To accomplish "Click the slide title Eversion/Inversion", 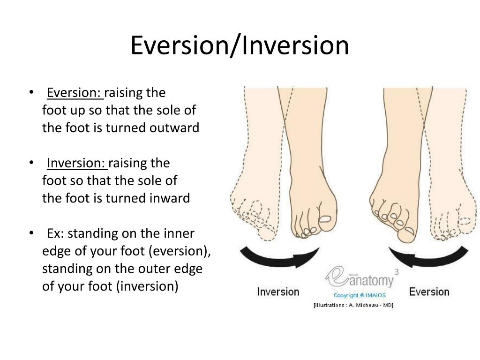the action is [x=240, y=45].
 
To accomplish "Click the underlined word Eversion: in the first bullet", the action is [x=75, y=93].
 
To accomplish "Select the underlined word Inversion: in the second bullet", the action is [x=77, y=163].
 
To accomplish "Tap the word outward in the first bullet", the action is [x=174, y=127].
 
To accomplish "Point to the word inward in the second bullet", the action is [x=170, y=198].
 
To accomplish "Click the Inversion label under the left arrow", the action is [x=278, y=292].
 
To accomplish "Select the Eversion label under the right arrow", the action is [x=429, y=292].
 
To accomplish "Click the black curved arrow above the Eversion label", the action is [x=428, y=259].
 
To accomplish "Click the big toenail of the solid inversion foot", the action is [x=325, y=219].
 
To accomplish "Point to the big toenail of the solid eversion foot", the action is [x=409, y=231].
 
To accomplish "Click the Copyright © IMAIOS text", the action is [x=360, y=295].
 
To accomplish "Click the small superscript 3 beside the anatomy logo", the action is [x=397, y=272].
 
